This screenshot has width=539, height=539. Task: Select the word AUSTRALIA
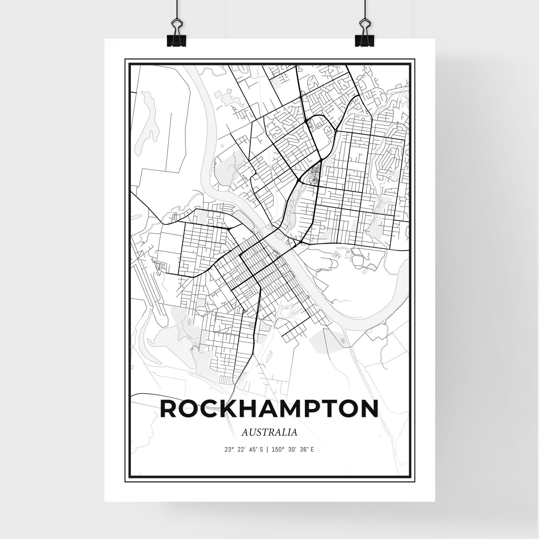click(x=269, y=440)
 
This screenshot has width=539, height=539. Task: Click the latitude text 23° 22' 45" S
click(x=243, y=458)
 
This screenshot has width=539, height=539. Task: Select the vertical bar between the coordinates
click(x=268, y=458)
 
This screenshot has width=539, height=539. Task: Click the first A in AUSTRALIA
click(x=244, y=440)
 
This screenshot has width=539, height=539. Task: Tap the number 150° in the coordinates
click(x=278, y=458)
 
